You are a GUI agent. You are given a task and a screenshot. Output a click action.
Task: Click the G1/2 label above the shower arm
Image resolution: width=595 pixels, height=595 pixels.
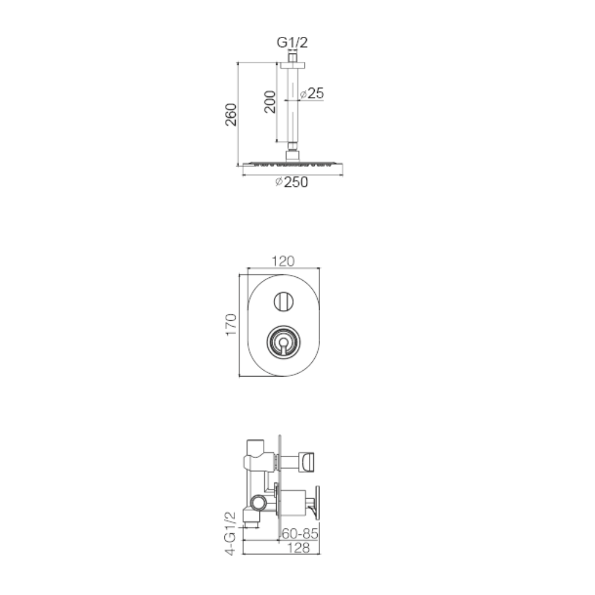click(292, 42)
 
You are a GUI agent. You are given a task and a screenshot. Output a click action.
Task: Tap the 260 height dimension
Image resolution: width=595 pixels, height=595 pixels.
click(231, 114)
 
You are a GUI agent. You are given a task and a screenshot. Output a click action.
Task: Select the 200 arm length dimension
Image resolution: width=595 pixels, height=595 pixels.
click(270, 102)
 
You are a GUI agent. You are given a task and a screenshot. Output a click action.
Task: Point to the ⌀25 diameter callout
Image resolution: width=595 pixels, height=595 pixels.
click(312, 93)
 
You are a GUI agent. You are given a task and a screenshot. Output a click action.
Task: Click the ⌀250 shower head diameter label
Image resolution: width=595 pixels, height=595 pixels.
click(292, 182)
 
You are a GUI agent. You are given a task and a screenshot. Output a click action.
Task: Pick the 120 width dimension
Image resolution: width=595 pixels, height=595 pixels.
click(283, 261)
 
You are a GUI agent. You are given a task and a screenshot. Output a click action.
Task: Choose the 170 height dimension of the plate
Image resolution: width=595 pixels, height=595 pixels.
click(231, 324)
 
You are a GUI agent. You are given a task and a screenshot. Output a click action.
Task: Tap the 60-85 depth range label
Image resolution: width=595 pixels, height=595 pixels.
click(300, 534)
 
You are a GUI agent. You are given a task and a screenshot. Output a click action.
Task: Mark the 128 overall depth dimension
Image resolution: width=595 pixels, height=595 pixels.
click(299, 547)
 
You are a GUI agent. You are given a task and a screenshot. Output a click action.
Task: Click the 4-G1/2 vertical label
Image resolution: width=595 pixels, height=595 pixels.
click(231, 533)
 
